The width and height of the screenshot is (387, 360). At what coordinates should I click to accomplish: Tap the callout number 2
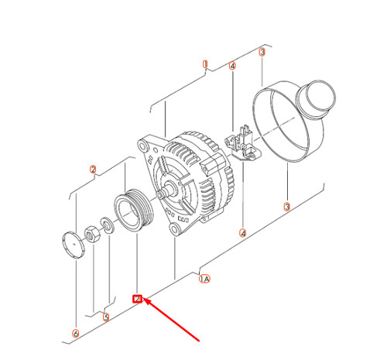tap(93, 170)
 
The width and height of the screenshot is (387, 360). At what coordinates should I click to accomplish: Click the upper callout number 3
tap(262, 52)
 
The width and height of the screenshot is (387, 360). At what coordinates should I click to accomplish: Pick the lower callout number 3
tap(287, 207)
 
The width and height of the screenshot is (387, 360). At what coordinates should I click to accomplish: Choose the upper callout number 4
tap(233, 67)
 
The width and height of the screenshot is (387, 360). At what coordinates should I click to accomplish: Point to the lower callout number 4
tap(243, 232)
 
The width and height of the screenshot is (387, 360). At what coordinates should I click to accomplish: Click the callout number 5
tap(106, 317)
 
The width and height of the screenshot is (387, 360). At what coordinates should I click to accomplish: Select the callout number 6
tap(75, 334)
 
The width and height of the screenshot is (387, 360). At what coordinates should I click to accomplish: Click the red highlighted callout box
tap(137, 298)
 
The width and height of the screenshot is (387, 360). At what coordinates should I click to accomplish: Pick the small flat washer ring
tap(105, 227)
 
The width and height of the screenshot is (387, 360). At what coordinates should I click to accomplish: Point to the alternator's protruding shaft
tap(166, 191)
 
